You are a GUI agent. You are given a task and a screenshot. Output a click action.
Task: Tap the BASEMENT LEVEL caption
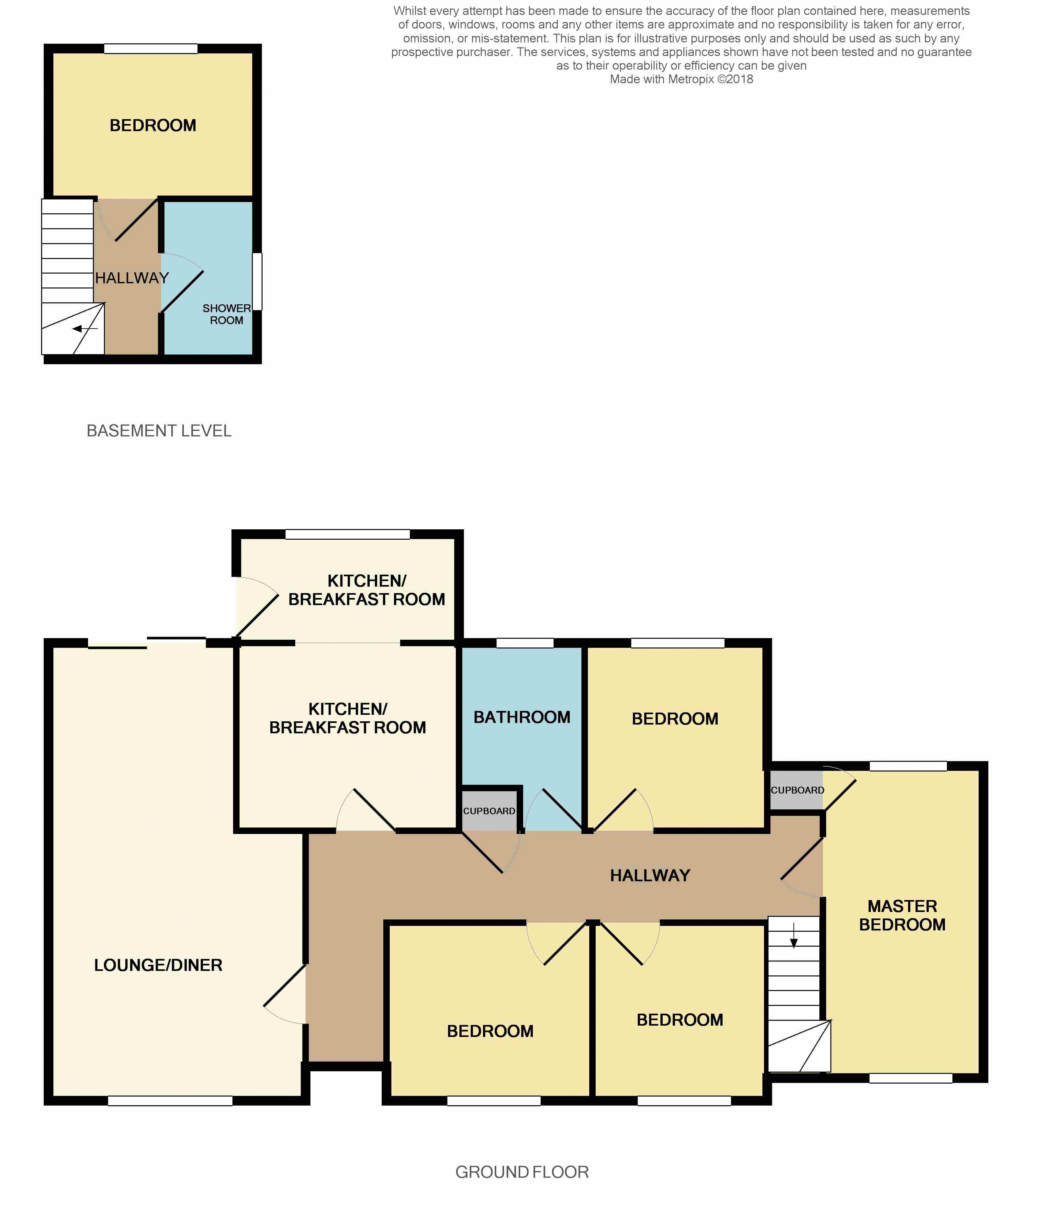point(159,431)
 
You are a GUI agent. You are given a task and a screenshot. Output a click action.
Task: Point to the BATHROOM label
point(522,717)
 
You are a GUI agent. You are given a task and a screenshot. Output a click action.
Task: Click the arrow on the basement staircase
point(85,329)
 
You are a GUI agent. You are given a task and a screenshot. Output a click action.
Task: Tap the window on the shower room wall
point(257,282)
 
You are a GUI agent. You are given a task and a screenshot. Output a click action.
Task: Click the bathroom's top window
point(524,643)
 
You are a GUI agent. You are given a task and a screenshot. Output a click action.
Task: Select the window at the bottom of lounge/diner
point(171,1100)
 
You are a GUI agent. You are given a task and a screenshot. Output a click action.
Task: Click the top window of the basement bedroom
point(151,49)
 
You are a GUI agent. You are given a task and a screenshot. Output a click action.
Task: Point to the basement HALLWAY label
point(132,278)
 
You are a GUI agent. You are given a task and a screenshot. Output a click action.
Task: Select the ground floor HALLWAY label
point(650,875)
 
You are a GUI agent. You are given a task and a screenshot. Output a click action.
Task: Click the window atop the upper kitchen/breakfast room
point(348,534)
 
